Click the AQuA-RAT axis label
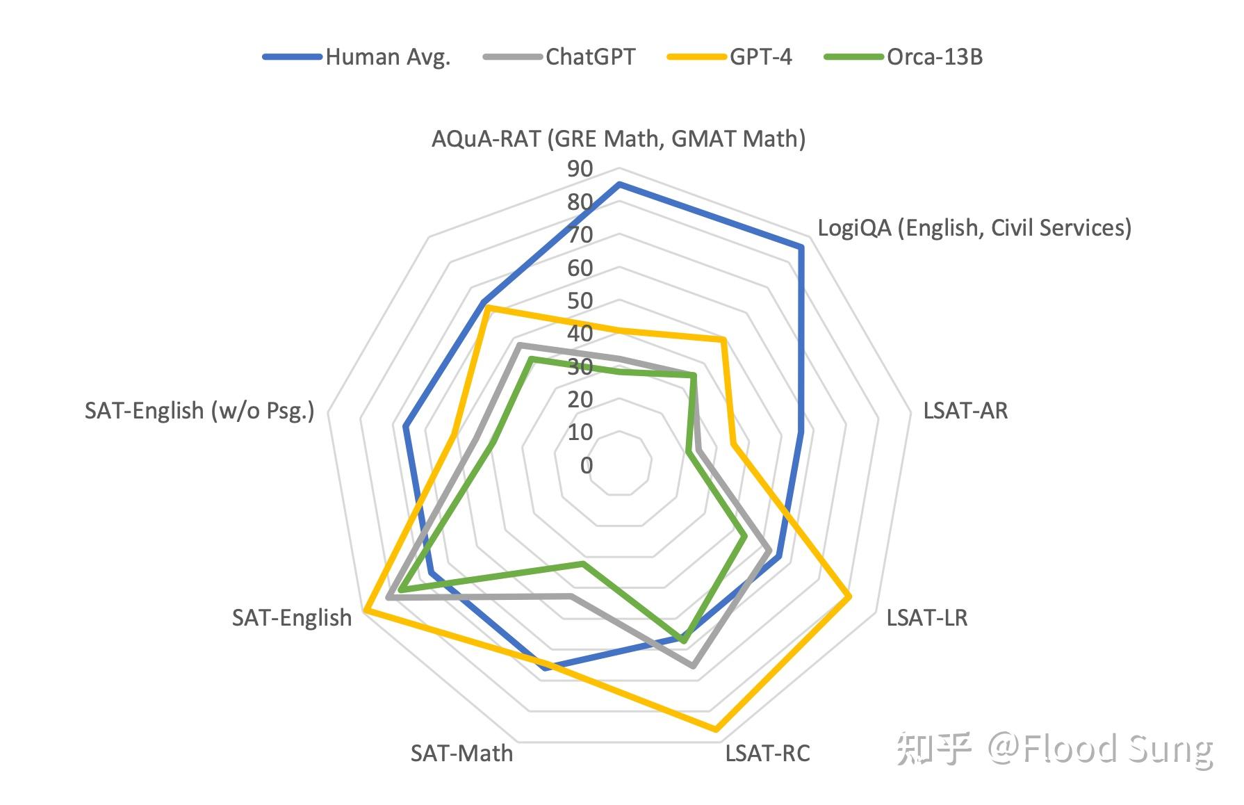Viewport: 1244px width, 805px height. tap(618, 139)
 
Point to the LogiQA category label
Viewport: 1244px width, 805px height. tap(974, 228)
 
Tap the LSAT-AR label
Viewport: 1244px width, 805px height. tap(965, 411)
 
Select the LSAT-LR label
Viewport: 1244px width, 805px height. tap(926, 617)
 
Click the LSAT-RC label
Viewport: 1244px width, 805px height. tap(767, 754)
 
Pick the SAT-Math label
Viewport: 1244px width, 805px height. tap(461, 754)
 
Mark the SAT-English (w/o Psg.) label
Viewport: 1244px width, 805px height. tap(199, 411)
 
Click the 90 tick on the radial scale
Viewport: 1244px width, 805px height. tap(580, 169)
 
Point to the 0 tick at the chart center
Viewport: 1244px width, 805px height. tap(587, 465)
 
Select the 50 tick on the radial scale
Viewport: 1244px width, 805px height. tap(580, 301)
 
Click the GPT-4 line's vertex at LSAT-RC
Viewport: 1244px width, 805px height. tap(715, 729)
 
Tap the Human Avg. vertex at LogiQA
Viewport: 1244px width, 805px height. tap(801, 247)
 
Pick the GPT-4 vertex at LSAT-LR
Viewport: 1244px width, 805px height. tap(849, 596)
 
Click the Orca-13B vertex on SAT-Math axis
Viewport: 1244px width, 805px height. tap(583, 563)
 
